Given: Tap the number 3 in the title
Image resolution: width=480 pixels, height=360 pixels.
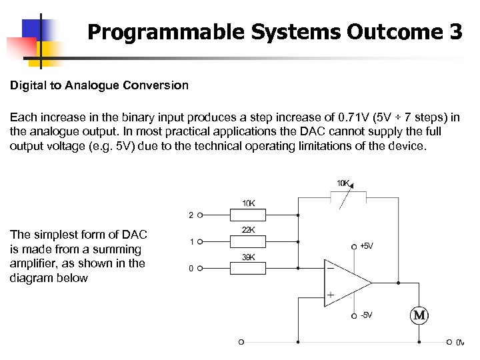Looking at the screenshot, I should [x=455, y=32].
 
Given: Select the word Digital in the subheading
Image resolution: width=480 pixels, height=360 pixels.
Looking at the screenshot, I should [x=27, y=85].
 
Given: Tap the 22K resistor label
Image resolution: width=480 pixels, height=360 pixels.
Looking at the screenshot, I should [x=248, y=231].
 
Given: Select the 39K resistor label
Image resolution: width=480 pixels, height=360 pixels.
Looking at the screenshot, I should [x=248, y=257].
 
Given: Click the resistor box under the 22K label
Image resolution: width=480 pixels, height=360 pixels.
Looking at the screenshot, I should [x=248, y=241].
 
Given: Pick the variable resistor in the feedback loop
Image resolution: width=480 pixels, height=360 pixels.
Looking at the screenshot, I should [x=348, y=197].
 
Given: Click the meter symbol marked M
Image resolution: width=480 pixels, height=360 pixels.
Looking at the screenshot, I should [x=420, y=315].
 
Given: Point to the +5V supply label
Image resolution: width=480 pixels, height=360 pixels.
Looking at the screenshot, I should [x=366, y=246].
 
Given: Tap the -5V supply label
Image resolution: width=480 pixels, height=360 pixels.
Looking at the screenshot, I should [x=366, y=315].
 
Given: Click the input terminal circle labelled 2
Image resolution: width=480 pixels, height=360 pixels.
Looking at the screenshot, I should [x=200, y=215].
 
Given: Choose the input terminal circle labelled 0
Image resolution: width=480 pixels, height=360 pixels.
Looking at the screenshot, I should [x=200, y=268].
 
